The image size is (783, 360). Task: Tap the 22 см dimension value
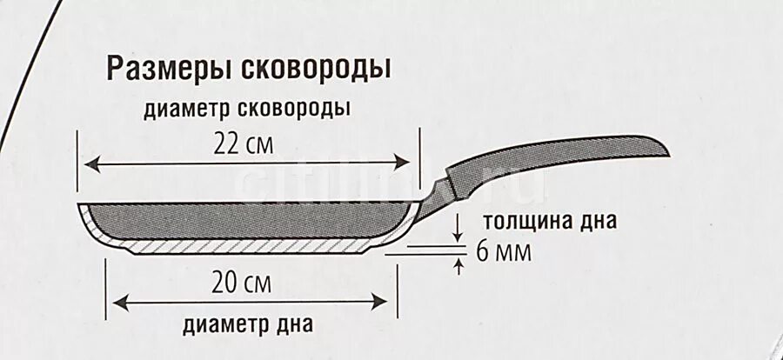tap(243, 146)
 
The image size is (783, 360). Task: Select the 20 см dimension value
tap(241, 283)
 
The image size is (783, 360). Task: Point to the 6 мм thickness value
tap(503, 254)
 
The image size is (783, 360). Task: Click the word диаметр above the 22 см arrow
tap(184, 110)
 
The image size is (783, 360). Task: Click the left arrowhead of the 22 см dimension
tap(90, 163)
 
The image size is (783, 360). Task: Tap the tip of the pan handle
tap(668, 152)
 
